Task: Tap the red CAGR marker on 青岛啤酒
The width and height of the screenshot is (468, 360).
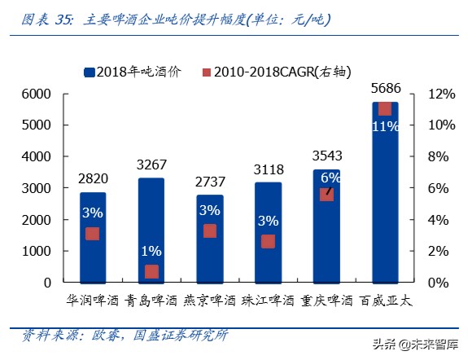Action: point(151,271)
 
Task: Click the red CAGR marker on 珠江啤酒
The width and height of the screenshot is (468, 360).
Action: point(268,241)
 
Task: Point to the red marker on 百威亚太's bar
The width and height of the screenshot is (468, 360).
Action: point(385,109)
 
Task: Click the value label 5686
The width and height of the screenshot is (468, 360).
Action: point(385,87)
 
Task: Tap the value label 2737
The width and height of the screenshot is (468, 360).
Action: point(209,180)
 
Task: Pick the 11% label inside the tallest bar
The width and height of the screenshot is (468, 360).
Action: point(385,126)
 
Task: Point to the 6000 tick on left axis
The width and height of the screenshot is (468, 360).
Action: point(37,94)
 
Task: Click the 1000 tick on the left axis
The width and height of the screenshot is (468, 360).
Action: point(37,251)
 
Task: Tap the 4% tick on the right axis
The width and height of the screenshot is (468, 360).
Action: point(427,219)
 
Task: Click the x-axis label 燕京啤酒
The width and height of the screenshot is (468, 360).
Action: point(209,300)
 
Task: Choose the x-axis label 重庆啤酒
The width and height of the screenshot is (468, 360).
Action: point(326,300)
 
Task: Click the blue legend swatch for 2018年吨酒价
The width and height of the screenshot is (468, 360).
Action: point(90,72)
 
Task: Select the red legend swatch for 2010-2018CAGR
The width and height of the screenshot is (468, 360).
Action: point(208,72)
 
